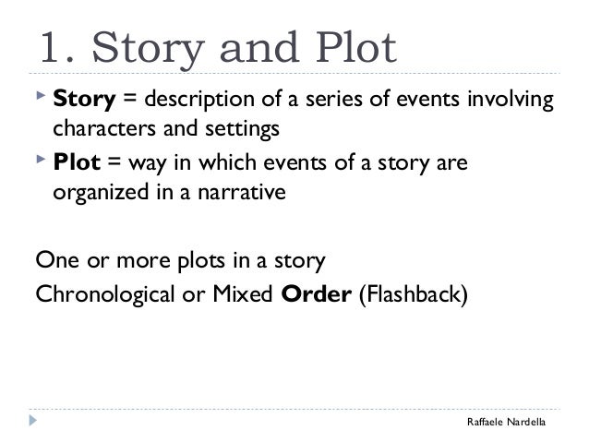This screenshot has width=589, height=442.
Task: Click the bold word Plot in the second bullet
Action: (75, 163)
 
